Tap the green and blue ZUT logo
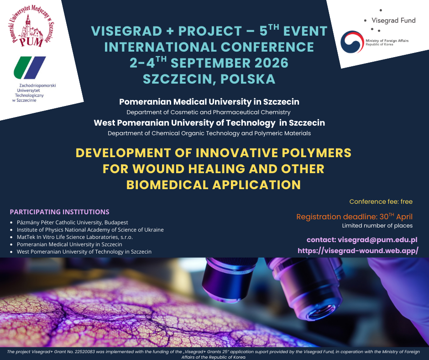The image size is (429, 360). pyautogui.click(x=30, y=68)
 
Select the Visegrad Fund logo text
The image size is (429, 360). pyautogui.click(x=393, y=21)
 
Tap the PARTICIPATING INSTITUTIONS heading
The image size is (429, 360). pyautogui.click(x=59, y=212)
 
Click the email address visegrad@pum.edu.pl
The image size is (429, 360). pyautogui.click(x=377, y=239)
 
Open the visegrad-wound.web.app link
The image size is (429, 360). pyautogui.click(x=358, y=250)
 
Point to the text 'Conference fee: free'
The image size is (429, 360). pyautogui.click(x=381, y=201)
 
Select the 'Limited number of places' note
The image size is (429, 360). pyautogui.click(x=377, y=226)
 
